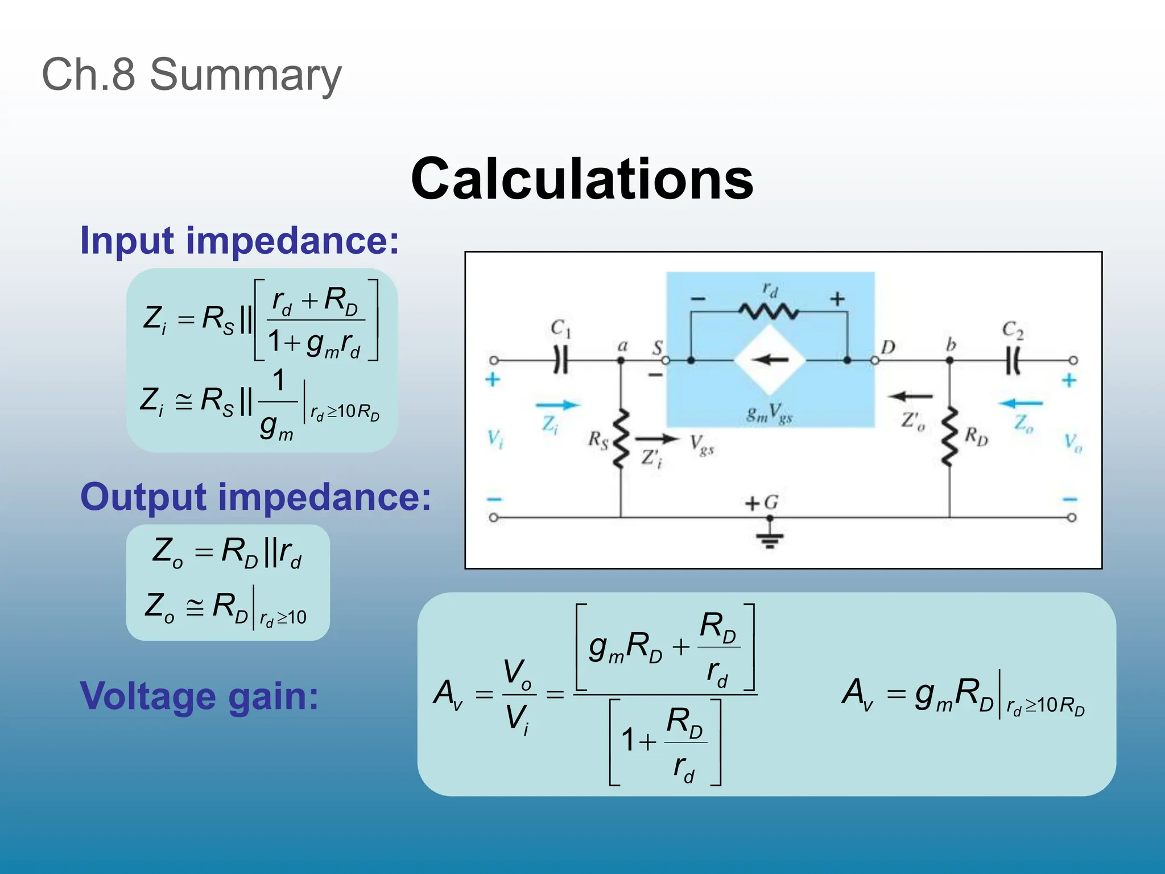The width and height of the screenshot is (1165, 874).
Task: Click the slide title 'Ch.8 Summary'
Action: pyautogui.click(x=192, y=75)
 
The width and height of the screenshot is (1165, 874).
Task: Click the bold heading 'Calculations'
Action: pyautogui.click(x=582, y=179)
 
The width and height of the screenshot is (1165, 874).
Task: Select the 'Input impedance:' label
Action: pyautogui.click(x=239, y=241)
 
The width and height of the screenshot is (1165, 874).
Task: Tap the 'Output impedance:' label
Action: pyautogui.click(x=255, y=497)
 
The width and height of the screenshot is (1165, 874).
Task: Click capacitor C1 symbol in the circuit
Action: pyautogui.click(x=561, y=360)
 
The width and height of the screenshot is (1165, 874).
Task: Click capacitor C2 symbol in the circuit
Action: pyautogui.click(x=1013, y=360)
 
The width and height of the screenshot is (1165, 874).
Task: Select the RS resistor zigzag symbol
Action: pyautogui.click(x=621, y=438)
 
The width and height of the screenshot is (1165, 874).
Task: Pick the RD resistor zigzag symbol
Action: pyautogui.click(x=949, y=437)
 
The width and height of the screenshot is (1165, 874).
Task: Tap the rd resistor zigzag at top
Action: pyautogui.click(x=769, y=312)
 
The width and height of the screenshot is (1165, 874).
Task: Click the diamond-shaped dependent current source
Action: pyautogui.click(x=770, y=360)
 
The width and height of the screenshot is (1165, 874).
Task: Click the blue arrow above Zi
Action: pyautogui.click(x=557, y=405)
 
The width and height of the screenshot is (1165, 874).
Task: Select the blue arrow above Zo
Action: pyautogui.click(x=1021, y=403)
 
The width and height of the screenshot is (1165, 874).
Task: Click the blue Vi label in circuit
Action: pyautogui.click(x=495, y=439)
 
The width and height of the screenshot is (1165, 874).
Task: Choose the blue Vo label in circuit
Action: pyautogui.click(x=1073, y=442)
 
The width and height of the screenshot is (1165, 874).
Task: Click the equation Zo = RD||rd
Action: pyautogui.click(x=227, y=553)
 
